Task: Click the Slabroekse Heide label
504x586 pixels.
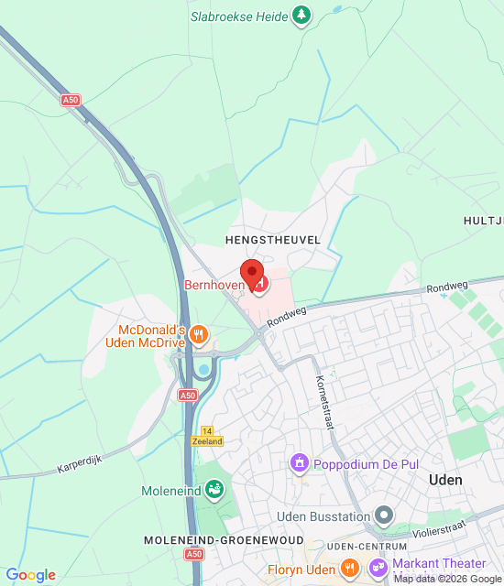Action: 238,16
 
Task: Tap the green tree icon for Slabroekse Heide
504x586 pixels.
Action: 301,15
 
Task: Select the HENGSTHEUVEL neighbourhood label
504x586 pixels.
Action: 272,239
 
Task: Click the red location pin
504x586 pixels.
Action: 251,273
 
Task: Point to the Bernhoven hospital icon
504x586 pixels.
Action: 260,286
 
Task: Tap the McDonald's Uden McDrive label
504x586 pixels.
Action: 152,336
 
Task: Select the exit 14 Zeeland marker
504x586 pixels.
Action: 208,435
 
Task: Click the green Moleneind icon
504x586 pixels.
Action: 214,491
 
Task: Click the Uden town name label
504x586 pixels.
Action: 445,480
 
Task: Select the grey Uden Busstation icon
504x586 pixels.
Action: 384,516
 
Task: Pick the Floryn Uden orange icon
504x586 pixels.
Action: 348,570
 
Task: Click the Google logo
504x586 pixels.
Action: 31,575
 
